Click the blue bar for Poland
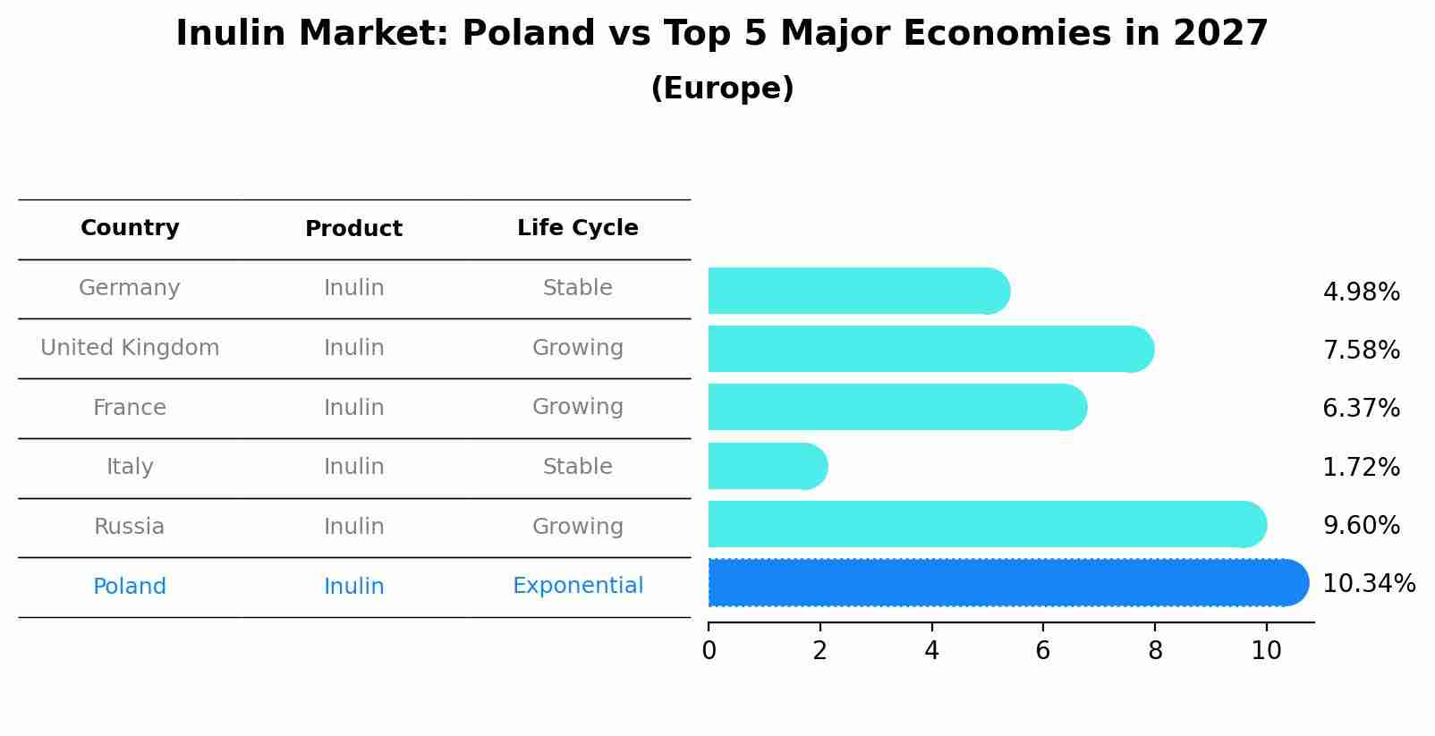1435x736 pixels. coord(1002,583)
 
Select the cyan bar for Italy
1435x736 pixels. coord(765,466)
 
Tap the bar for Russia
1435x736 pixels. coord(984,524)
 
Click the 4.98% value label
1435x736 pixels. coord(1361,292)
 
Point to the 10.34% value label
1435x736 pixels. coord(1368,584)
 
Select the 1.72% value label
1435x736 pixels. coord(1361,467)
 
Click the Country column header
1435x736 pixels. coord(130,228)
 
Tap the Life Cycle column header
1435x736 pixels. coord(578,228)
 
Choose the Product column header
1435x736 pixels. coord(353,229)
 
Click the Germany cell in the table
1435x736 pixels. coord(130,288)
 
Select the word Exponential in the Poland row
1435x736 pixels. coord(578,586)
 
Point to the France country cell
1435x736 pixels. coord(130,408)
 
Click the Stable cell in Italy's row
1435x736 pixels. coord(578,467)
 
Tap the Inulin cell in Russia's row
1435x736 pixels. coord(353,527)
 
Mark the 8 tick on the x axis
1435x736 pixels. coord(1155,650)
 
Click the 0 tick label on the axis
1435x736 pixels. coord(709,650)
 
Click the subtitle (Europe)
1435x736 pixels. coord(722,89)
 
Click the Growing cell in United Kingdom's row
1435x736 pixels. coord(578,348)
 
